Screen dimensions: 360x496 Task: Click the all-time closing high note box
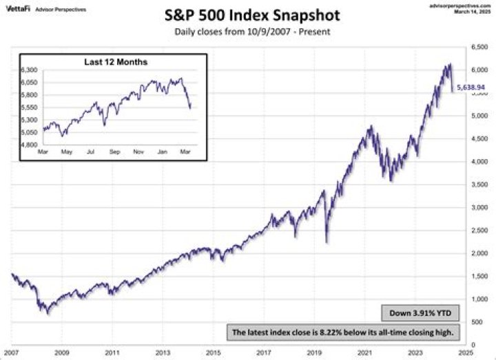pyautogui.click(x=343, y=332)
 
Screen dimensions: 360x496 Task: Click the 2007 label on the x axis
pyautogui.click(x=12, y=352)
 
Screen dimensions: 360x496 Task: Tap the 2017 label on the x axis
pyautogui.click(x=264, y=352)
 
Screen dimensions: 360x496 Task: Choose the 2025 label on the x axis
pyautogui.click(x=465, y=352)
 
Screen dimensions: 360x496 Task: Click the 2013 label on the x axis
pyautogui.click(x=163, y=352)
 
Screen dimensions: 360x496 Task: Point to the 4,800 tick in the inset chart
pyautogui.click(x=30, y=145)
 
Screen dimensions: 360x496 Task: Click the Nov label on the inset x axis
pyautogui.click(x=138, y=150)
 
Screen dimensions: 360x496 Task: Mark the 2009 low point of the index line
pyautogui.click(x=48, y=314)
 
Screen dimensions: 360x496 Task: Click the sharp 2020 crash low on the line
pyautogui.click(x=327, y=242)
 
